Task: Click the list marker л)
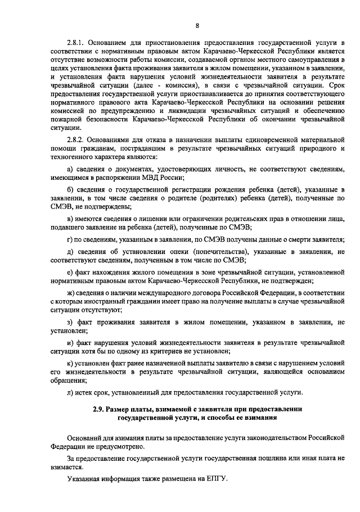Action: click(70, 392)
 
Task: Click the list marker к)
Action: click(70, 364)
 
